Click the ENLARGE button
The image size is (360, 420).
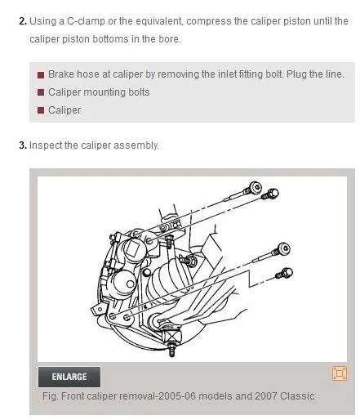click(x=69, y=377)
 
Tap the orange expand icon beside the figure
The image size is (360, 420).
click(x=340, y=373)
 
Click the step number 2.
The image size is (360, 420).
click(x=23, y=21)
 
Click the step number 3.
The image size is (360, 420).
click(x=23, y=145)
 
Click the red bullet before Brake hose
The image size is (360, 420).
click(x=41, y=75)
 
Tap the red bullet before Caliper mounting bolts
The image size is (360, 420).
click(x=41, y=92)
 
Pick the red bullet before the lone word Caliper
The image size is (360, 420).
click(x=41, y=110)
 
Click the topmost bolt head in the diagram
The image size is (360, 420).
click(x=256, y=187)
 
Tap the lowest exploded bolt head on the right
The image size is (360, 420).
click(x=287, y=272)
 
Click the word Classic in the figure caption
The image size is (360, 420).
click(x=297, y=395)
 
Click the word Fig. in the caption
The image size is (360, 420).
click(x=51, y=395)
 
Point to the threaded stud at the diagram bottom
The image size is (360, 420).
click(x=171, y=350)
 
